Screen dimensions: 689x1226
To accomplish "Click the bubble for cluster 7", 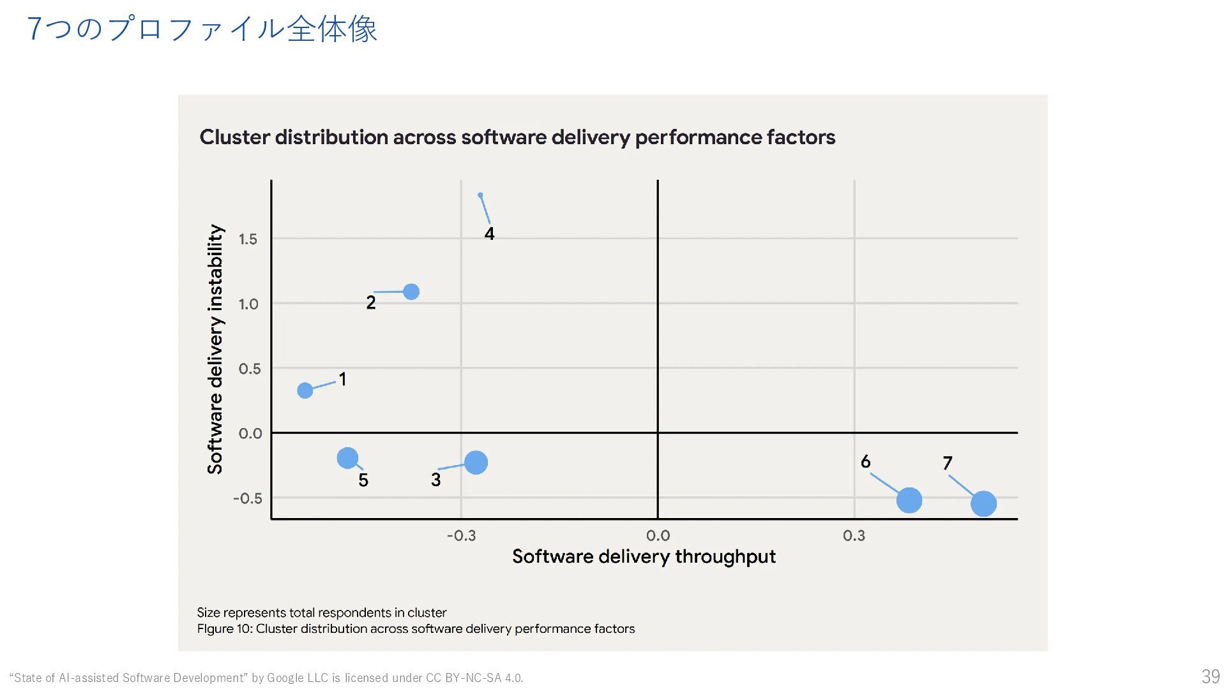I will pos(983,503).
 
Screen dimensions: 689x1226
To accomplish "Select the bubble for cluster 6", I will pos(909,500).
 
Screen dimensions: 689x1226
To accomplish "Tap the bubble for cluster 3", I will pos(476,463).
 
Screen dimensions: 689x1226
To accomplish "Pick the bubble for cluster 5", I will pos(347,457).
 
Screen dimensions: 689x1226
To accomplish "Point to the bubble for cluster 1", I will pos(305,390).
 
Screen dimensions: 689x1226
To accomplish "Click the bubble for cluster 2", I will pos(411,292).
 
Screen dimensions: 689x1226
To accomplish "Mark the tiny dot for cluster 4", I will pos(480,195).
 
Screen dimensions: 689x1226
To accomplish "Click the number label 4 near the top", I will pos(489,234).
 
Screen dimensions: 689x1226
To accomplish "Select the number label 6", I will pos(865,461).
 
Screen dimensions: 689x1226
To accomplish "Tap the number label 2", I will pos(371,303).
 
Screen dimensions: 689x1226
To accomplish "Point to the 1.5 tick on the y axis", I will pos(248,239).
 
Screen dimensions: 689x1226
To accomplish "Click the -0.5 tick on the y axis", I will pos(247,498).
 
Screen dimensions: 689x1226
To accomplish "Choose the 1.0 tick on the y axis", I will pos(248,304).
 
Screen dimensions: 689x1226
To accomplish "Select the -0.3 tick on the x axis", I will pos(461,535).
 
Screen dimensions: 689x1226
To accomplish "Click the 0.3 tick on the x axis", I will pos(854,535).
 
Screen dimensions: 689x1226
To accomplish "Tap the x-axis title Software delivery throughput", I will pos(644,556).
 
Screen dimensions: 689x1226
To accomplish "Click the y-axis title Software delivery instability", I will pos(216,349).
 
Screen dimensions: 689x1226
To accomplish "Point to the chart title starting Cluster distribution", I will pos(517,137).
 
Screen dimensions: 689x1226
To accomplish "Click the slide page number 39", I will pos(1210,676).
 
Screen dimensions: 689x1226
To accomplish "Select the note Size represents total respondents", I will pos(322,612).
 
